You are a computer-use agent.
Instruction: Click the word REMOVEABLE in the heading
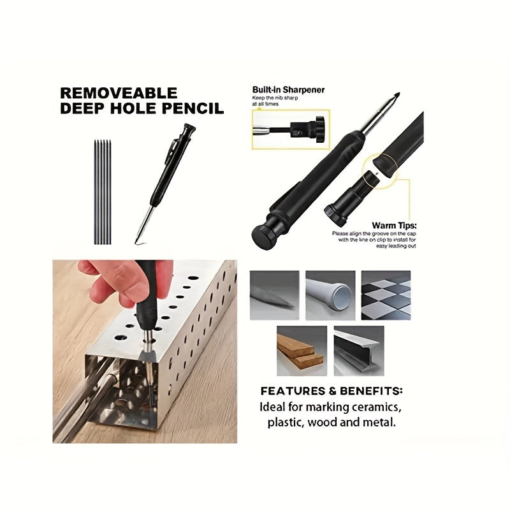119,94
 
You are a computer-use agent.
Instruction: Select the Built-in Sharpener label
288,90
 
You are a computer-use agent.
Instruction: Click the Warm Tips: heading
394,226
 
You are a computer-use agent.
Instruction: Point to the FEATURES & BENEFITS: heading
331,391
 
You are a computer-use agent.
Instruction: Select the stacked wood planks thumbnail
301,351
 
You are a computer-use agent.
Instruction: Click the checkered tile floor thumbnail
386,295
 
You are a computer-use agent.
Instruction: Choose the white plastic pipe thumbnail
330,295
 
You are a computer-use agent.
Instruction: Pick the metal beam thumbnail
358,351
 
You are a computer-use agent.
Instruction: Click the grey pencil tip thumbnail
274,295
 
